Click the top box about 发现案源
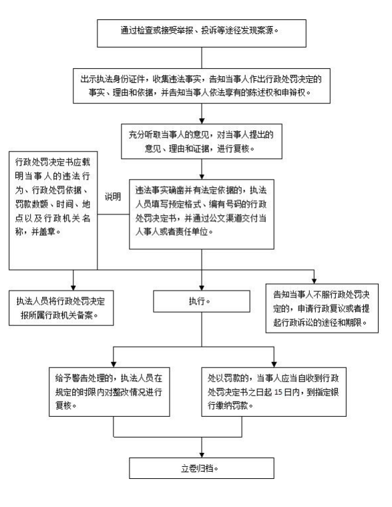(202, 33)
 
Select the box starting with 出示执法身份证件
(202, 86)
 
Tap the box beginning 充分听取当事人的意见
(202, 142)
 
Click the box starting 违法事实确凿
(202, 214)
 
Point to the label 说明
(113, 196)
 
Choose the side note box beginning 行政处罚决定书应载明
(53, 210)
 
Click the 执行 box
(202, 301)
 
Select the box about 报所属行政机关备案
(61, 308)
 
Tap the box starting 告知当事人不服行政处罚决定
(322, 309)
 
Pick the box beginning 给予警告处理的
(110, 392)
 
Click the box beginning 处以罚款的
(274, 392)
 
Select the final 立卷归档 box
(202, 468)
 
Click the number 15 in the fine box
(278, 392)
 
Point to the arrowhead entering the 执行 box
(202, 288)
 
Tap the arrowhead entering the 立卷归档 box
(202, 455)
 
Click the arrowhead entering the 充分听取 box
(202, 122)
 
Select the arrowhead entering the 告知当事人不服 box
(314, 281)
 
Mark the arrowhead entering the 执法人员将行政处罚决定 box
(73, 288)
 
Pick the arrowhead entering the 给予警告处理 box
(114, 365)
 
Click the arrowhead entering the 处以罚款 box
(274, 365)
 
